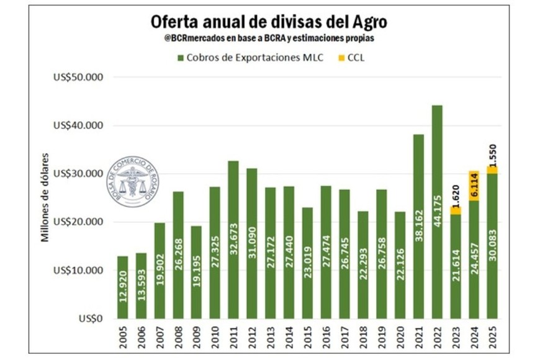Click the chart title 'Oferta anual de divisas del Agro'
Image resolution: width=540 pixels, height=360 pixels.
(269, 21)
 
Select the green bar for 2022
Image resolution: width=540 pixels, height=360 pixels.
(436, 211)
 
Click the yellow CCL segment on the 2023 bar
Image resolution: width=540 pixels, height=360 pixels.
(455, 210)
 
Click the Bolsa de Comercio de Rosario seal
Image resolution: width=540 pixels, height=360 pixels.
(132, 180)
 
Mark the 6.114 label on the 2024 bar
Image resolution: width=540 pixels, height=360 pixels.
(473, 186)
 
